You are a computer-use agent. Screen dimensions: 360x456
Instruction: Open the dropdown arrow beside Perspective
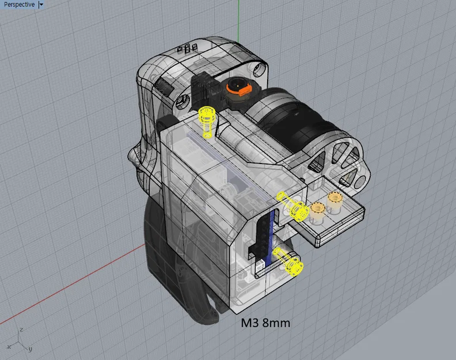pos(41,5)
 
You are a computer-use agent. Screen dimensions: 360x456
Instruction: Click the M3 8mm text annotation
pos(265,323)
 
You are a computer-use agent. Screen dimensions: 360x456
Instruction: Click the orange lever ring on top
pos(236,88)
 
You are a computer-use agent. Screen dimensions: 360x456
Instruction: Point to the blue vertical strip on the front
pos(269,236)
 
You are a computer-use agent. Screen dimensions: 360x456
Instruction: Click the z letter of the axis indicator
pos(21,329)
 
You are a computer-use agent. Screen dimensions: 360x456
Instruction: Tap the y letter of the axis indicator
pos(30,349)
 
